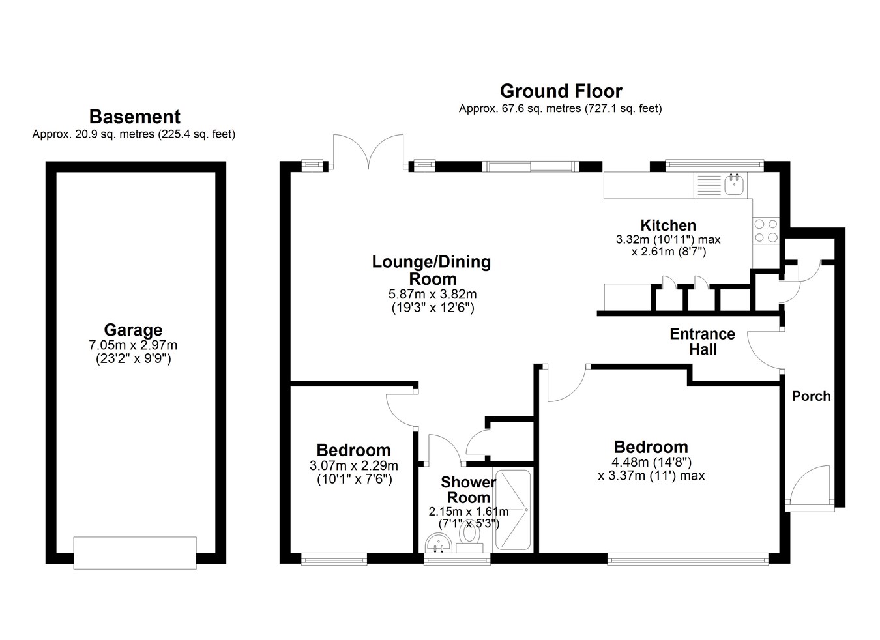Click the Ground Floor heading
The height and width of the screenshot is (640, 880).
561,91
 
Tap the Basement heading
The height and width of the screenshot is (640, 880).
135,117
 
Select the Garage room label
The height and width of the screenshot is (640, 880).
133,330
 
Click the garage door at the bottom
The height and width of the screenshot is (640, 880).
135,553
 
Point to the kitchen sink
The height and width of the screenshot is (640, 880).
734,184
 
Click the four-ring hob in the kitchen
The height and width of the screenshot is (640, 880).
766,231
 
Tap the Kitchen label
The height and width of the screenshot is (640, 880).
668,225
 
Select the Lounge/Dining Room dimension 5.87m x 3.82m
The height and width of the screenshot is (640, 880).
433,294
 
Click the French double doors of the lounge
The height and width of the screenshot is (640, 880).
368,152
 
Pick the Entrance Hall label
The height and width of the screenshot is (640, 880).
703,342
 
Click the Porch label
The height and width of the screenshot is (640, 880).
812,396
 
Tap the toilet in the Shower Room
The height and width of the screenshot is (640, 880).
469,538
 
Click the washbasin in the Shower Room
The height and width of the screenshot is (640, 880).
438,543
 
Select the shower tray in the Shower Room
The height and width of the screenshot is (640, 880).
513,510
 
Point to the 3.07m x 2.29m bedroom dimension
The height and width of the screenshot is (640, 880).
354,465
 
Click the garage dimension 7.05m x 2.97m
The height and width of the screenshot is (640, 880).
133,345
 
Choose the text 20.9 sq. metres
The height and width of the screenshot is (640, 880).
115,134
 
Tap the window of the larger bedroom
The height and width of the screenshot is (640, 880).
688,559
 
